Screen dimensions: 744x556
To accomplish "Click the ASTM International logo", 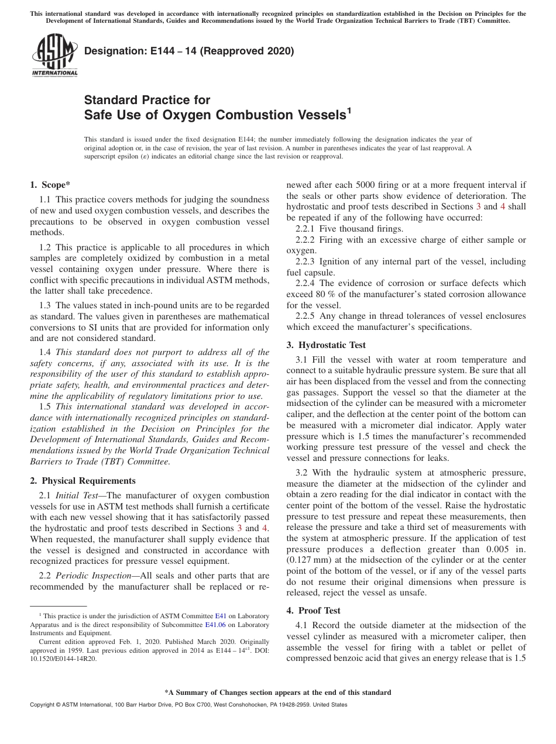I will coord(54,56).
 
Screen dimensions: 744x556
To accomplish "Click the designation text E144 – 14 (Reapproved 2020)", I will coord(189,51).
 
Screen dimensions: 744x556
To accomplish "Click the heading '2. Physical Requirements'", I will coord(83,481).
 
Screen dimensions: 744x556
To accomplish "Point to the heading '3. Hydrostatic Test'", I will coord(326,345).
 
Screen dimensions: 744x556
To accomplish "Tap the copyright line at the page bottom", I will coord(188,705).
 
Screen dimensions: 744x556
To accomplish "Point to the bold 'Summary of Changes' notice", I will coord(277,693).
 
